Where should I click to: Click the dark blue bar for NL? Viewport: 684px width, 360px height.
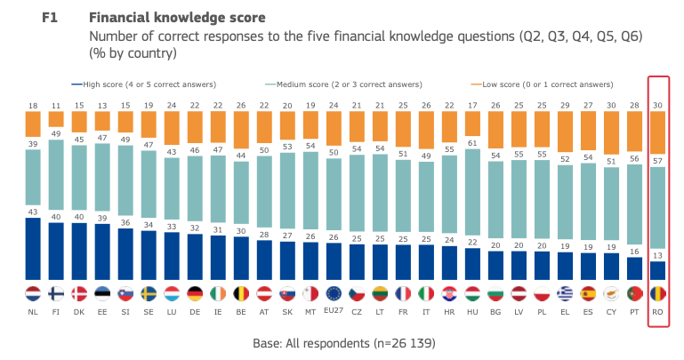coord(32,249)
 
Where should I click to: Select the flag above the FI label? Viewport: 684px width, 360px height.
coord(55,293)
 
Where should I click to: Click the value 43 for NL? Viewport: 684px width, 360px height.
coord(32,211)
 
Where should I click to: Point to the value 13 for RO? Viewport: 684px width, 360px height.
coord(659,255)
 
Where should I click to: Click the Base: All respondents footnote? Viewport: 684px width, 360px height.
coord(342,342)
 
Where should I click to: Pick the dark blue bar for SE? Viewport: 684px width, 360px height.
coord(148,258)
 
